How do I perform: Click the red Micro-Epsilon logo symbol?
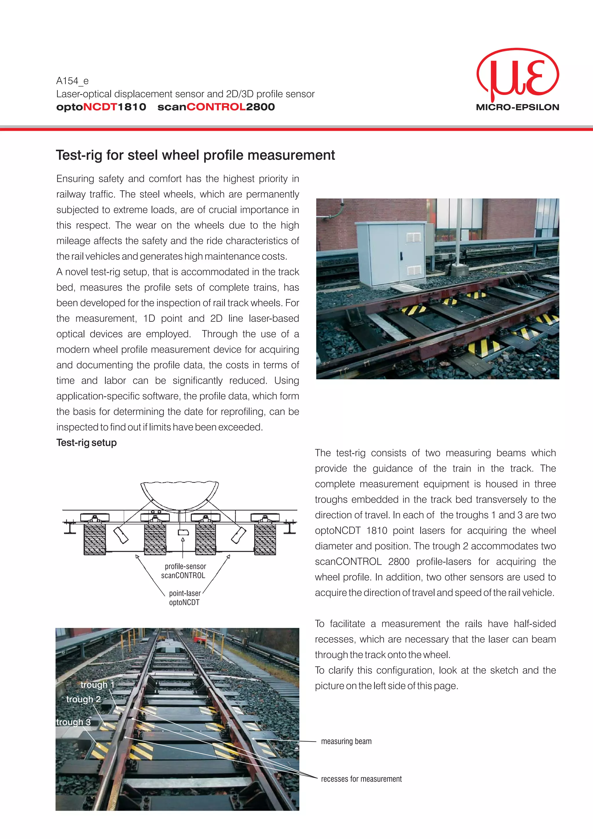click(x=518, y=75)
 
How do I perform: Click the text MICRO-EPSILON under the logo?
click(x=517, y=107)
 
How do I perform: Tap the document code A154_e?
click(x=72, y=81)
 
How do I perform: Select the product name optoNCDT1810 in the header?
click(x=101, y=107)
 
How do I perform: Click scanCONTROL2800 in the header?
click(x=216, y=107)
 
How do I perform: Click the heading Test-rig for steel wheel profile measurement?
click(x=195, y=155)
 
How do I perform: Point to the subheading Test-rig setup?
click(x=87, y=443)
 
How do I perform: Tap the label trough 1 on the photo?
click(x=97, y=684)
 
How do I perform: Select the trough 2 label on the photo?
click(x=83, y=699)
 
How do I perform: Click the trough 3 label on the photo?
click(x=74, y=722)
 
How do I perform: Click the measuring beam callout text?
click(x=346, y=741)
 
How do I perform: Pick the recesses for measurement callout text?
click(x=361, y=779)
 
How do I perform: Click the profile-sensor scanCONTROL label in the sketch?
click(x=184, y=571)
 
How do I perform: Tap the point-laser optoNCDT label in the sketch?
click(x=184, y=598)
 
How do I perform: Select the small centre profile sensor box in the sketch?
click(x=183, y=532)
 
